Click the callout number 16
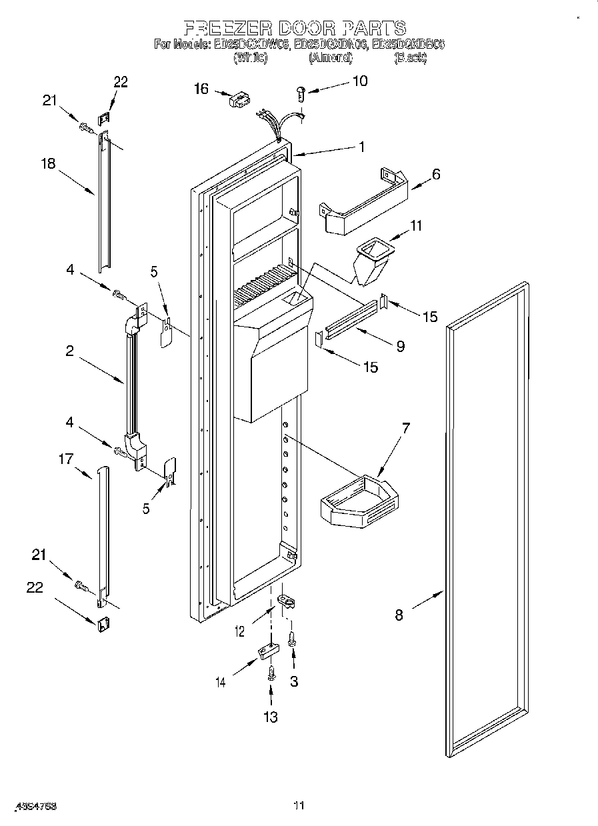click(201, 89)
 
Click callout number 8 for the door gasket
click(399, 615)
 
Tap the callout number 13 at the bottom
click(271, 717)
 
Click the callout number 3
click(293, 681)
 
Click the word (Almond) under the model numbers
click(330, 58)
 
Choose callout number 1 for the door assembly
click(361, 147)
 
